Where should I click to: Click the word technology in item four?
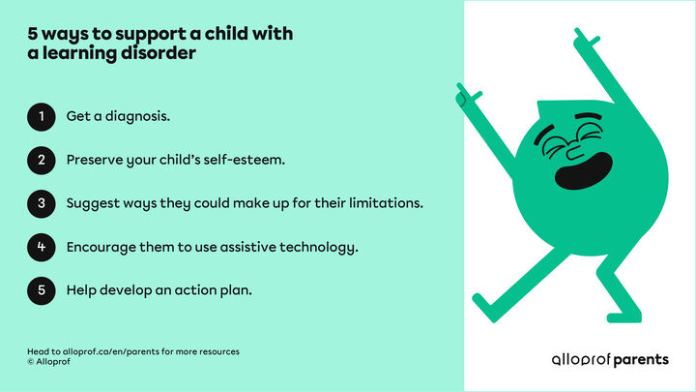(x=316, y=247)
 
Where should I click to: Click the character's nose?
(x=571, y=150)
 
